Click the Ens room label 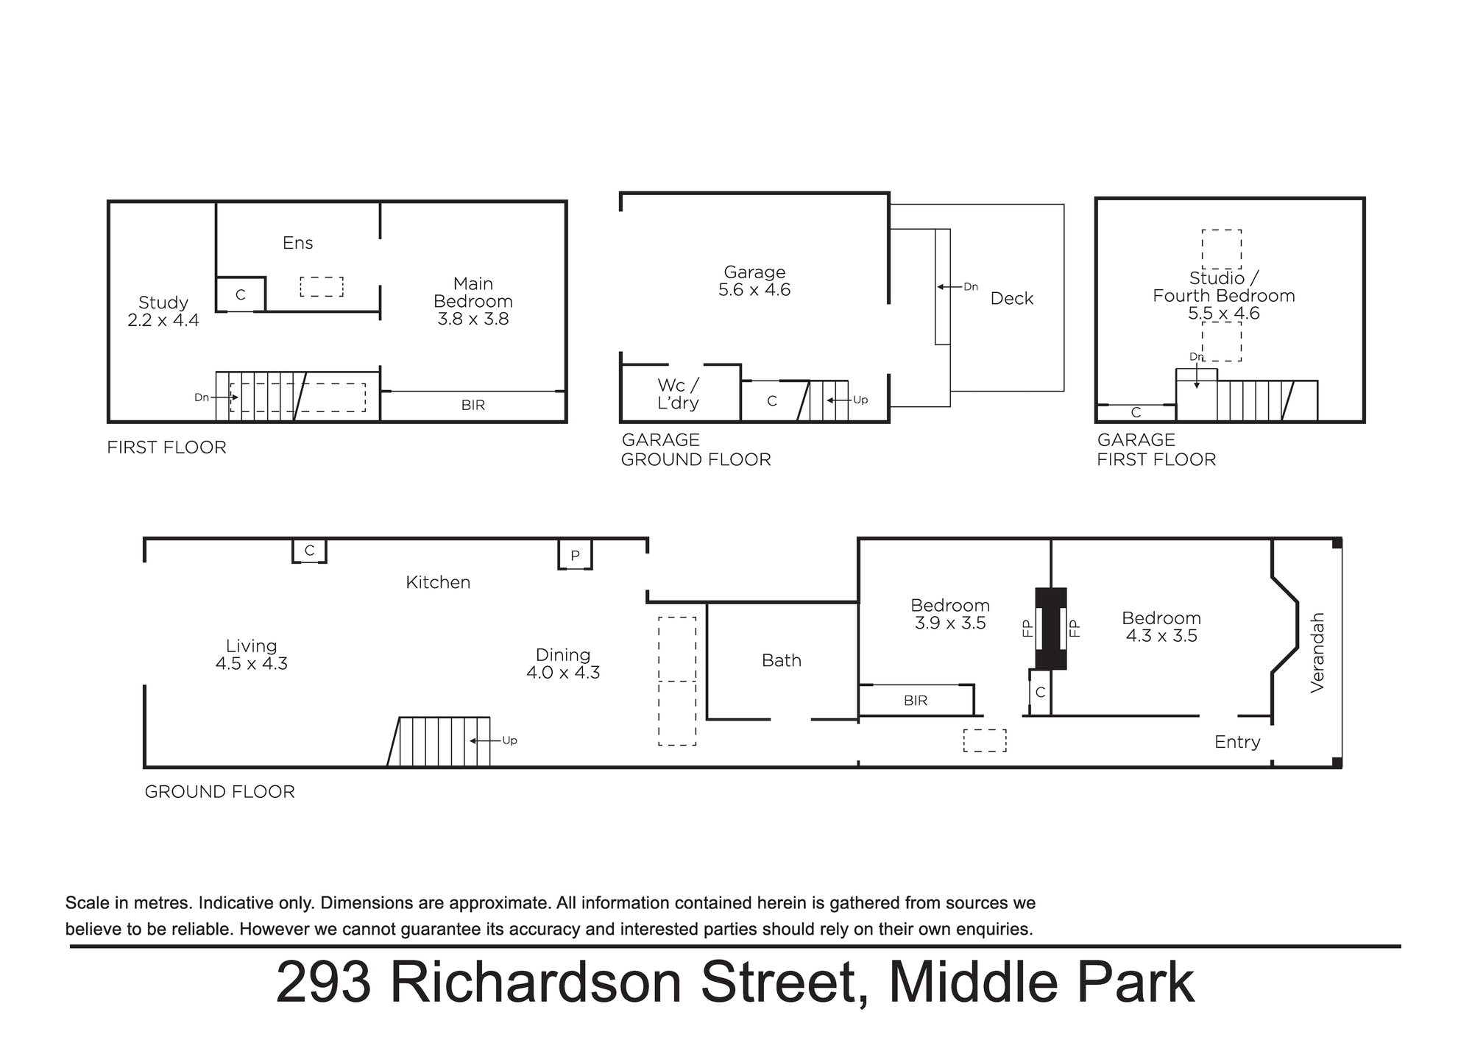pyautogui.click(x=298, y=243)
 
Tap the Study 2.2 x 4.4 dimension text pyautogui.click(x=163, y=320)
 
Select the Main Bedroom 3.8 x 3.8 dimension pyautogui.click(x=473, y=319)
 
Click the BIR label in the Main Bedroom pyautogui.click(x=473, y=405)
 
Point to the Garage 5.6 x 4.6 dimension pyautogui.click(x=754, y=290)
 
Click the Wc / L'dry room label pyautogui.click(x=678, y=394)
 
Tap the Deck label pyautogui.click(x=1012, y=298)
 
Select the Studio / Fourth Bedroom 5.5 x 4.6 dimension pyautogui.click(x=1224, y=314)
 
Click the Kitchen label pyautogui.click(x=438, y=582)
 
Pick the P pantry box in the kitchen pyautogui.click(x=575, y=555)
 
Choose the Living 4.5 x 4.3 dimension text pyautogui.click(x=252, y=663)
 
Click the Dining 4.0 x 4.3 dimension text pyautogui.click(x=563, y=673)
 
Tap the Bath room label pyautogui.click(x=782, y=660)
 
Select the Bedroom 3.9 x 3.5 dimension pyautogui.click(x=950, y=623)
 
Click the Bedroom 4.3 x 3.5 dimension pyautogui.click(x=1161, y=636)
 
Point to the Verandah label pyautogui.click(x=1317, y=652)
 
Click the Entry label pyautogui.click(x=1237, y=742)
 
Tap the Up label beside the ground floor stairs pyautogui.click(x=509, y=740)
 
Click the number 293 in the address pyautogui.click(x=324, y=983)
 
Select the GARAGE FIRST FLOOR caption pyautogui.click(x=1156, y=450)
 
